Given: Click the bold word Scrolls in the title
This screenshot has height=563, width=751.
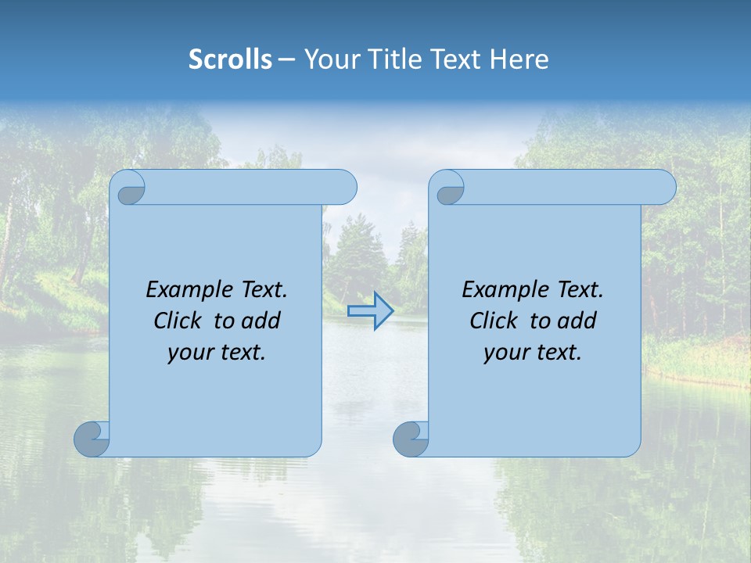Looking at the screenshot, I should pyautogui.click(x=231, y=59).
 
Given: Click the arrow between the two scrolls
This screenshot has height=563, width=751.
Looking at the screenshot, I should pyautogui.click(x=370, y=311).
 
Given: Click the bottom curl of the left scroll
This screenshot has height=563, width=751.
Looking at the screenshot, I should pyautogui.click(x=92, y=439).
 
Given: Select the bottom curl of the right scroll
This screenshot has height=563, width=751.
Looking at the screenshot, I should pyautogui.click(x=411, y=439).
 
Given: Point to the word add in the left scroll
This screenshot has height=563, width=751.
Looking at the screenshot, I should pyautogui.click(x=261, y=321).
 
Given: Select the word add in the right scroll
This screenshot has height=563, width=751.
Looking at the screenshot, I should pyautogui.click(x=577, y=321).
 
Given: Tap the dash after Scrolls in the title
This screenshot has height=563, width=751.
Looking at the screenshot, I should pyautogui.click(x=287, y=59).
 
